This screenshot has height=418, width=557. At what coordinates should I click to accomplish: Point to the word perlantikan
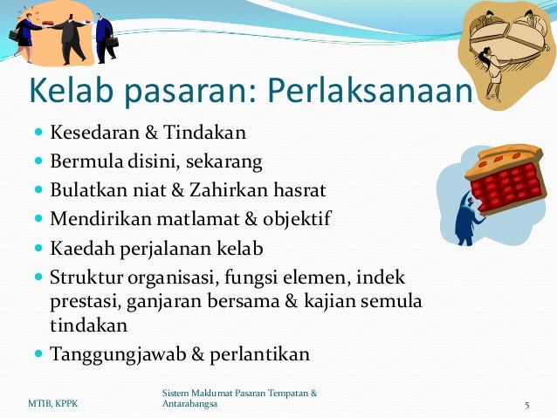[264, 354]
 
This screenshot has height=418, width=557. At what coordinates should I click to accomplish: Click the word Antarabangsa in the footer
[191, 406]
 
